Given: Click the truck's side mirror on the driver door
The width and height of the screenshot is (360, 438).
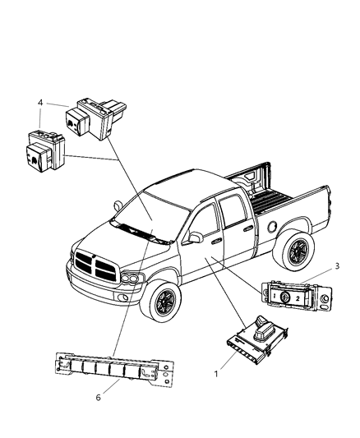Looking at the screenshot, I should coord(196,237).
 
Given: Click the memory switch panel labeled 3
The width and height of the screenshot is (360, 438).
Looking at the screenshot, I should coord(293,295).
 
